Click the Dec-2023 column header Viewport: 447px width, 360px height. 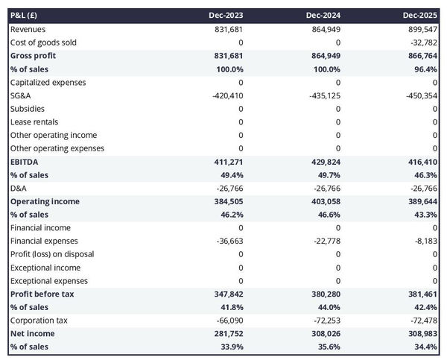pos(228,15)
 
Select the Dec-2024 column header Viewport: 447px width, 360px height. pos(325,15)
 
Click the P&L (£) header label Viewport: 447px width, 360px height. pos(25,15)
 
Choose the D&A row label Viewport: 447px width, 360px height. pos(19,188)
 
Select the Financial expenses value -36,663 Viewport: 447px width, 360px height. pos(228,241)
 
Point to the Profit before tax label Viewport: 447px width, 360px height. pos(42,294)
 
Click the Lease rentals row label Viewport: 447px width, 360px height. pos(34,121)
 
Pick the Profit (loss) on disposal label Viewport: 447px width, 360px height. pos(51,254)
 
